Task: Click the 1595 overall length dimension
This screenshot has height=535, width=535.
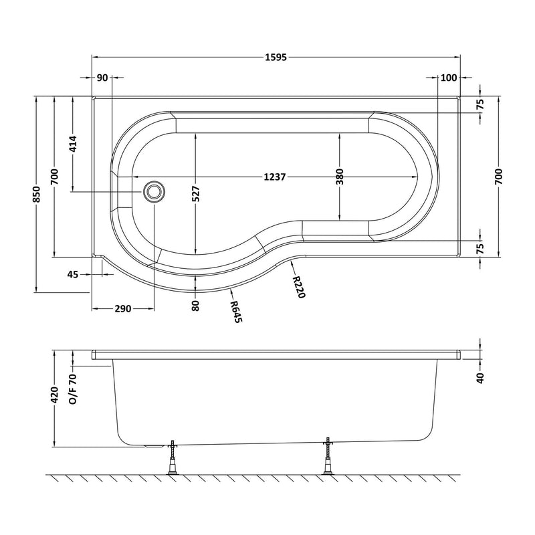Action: click(275, 57)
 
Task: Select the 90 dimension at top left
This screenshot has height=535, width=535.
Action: click(102, 78)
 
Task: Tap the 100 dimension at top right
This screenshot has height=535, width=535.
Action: click(449, 78)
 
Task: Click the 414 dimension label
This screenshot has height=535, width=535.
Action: click(73, 145)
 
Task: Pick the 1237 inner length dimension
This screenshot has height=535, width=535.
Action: click(275, 177)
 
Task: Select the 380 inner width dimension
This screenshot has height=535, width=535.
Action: click(340, 177)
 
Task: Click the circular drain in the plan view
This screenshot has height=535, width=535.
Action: click(154, 192)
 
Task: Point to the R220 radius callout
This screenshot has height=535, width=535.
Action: click(298, 287)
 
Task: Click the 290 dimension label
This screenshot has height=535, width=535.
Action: click(122, 308)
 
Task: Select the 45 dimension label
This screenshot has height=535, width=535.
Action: click(74, 274)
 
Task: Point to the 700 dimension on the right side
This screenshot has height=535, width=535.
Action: click(499, 176)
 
